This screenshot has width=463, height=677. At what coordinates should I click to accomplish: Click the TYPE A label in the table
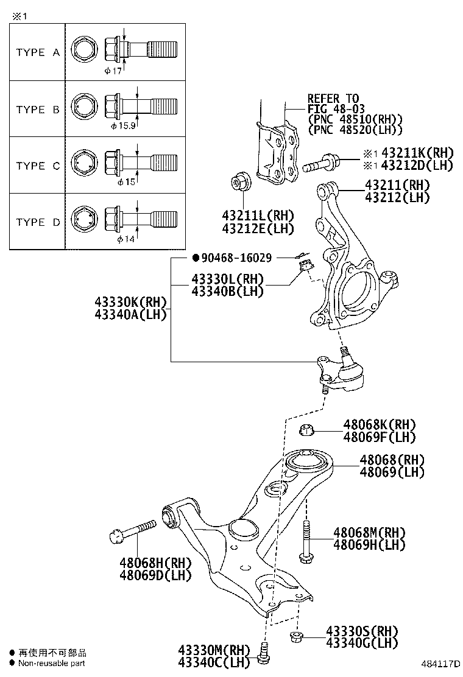[x=38, y=52]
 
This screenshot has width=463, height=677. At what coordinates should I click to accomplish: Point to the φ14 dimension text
[x=124, y=239]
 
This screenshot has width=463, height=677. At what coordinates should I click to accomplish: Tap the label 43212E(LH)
[x=258, y=228]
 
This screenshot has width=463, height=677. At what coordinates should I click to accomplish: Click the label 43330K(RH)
[x=130, y=302]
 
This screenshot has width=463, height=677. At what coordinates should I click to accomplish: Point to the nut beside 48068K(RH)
[x=308, y=430]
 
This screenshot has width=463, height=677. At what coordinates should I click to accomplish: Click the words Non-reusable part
[x=51, y=664]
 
